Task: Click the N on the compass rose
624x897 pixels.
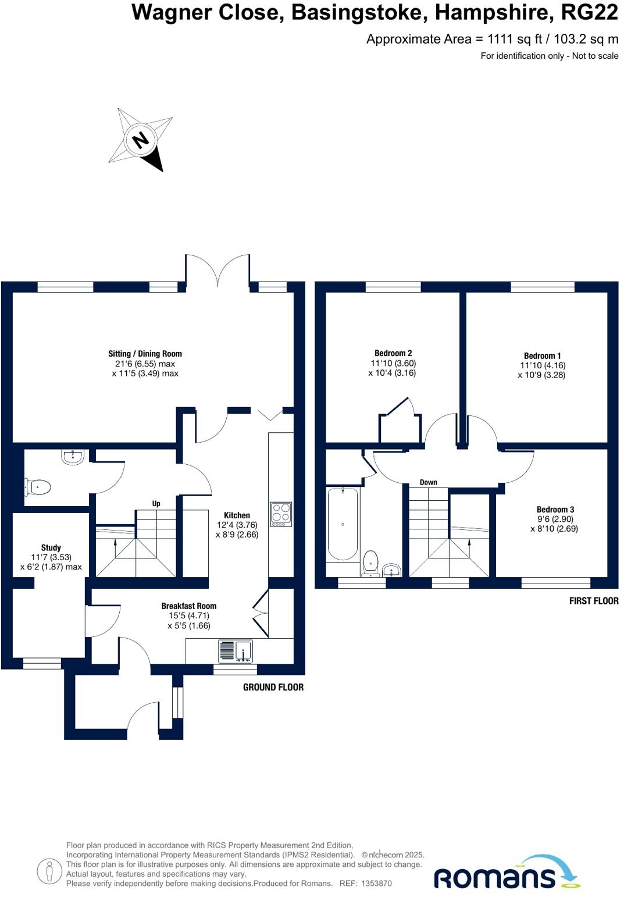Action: tap(140, 140)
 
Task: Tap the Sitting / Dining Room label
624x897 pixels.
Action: tap(145, 354)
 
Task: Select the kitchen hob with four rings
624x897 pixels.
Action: tap(281, 514)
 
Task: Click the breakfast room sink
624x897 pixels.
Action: tap(236, 650)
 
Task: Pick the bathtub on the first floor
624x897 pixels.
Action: tap(343, 524)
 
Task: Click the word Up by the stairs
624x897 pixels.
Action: tap(156, 504)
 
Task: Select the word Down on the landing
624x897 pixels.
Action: tap(428, 482)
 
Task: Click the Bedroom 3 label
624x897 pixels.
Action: tap(555, 510)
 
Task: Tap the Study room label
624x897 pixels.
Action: tap(51, 547)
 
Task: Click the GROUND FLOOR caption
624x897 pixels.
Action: tap(273, 687)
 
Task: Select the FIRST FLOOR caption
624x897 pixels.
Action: tap(593, 601)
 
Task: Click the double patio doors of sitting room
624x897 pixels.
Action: tap(218, 270)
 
